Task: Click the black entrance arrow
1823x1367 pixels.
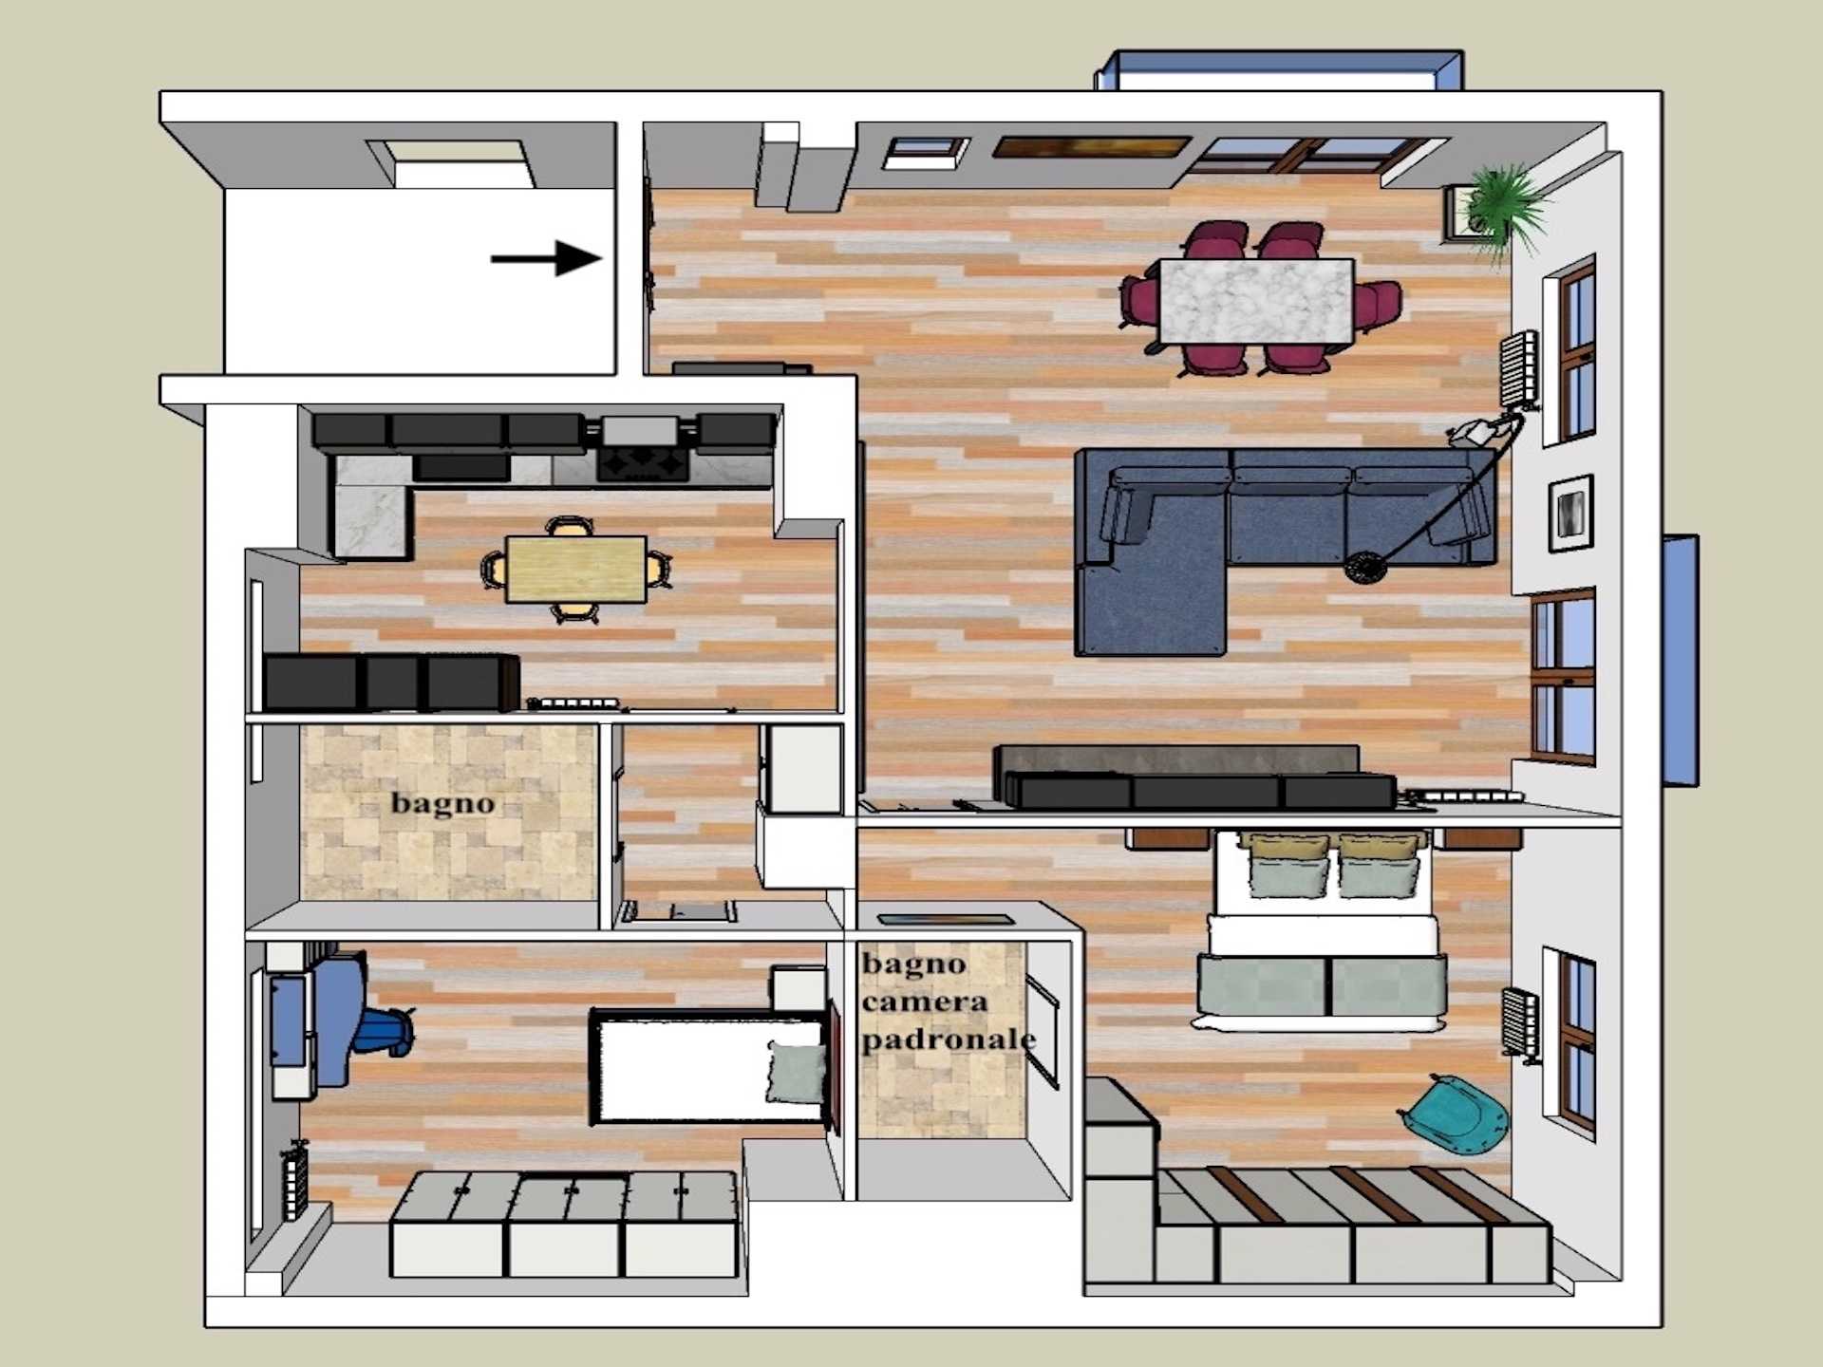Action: (x=546, y=257)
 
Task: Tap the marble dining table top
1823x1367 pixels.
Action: (x=1256, y=301)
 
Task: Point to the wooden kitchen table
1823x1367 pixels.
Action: (x=576, y=569)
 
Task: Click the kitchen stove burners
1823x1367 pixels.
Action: (x=643, y=464)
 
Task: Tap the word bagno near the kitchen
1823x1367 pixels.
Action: (x=442, y=803)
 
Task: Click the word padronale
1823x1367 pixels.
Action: (x=948, y=1039)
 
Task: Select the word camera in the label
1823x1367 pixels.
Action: (x=924, y=1001)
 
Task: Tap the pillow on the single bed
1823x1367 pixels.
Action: (x=796, y=1071)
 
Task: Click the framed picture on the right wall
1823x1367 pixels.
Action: (x=1570, y=513)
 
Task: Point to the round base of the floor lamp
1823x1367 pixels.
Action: (x=1365, y=568)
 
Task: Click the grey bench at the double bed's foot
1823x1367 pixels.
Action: (x=1322, y=992)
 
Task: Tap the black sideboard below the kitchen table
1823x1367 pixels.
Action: (x=391, y=682)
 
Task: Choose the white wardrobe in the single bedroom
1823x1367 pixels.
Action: (x=565, y=1225)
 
